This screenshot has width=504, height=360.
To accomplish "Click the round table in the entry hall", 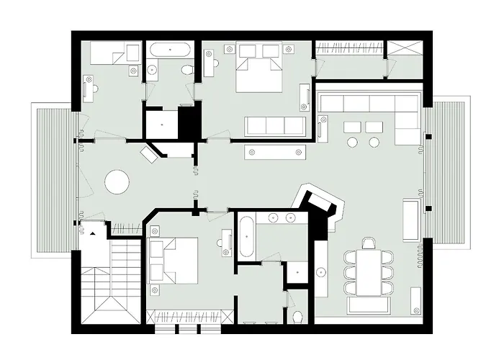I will [x=117, y=181].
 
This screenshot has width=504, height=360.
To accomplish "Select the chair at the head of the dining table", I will [x=370, y=243].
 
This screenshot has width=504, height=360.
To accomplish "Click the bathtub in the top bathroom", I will [x=170, y=50].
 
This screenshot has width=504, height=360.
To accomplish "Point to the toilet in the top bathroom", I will [x=186, y=70].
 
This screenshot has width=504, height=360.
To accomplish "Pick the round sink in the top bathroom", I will [x=153, y=70].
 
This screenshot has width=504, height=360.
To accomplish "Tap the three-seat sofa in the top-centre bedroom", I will [x=274, y=125].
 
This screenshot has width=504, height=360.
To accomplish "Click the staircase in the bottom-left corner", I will [x=110, y=281].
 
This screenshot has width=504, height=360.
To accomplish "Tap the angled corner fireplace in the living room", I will [x=320, y=205].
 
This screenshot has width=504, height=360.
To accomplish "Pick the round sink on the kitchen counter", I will [x=321, y=272].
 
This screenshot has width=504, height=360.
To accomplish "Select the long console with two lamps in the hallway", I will [x=276, y=151].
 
